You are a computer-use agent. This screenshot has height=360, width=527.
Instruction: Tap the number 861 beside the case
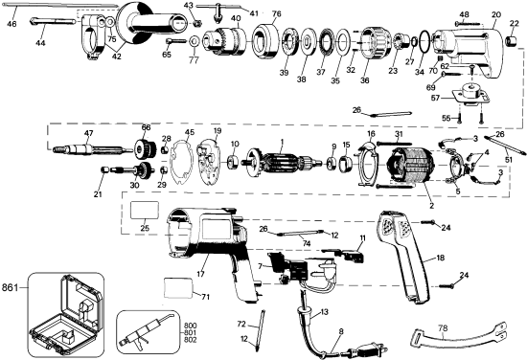click(11, 286)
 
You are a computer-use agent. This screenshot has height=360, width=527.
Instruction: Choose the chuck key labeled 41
click(223, 11)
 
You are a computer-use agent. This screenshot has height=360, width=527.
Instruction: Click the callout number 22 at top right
click(514, 24)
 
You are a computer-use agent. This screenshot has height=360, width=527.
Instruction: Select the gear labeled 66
click(147, 150)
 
